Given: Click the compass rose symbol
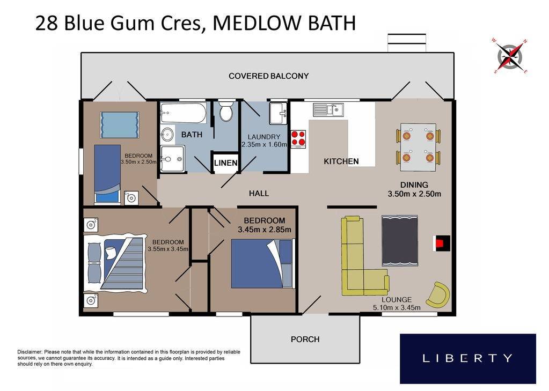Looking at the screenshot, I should click(x=510, y=55).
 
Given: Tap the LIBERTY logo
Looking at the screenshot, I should click(x=467, y=358).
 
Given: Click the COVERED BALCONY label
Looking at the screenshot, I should click(x=268, y=76).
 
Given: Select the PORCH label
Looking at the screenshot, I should click(x=305, y=339).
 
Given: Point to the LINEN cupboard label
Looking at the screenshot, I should click(x=225, y=163).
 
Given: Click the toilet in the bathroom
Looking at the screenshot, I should click(x=226, y=111).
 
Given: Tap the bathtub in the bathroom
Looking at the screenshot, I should click(x=183, y=114).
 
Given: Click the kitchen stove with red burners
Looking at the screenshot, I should click(x=298, y=138).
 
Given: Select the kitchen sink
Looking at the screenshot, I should click(x=328, y=109).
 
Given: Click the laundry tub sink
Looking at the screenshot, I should click(x=278, y=113).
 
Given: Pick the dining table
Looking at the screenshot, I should click(x=418, y=144).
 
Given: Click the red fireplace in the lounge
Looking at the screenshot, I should click(x=441, y=243).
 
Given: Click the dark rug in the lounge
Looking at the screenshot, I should click(x=399, y=241).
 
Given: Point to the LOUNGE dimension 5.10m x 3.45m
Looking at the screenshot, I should click(x=397, y=308).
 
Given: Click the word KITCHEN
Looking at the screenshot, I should click(x=341, y=161).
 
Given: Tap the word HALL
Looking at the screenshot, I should click(x=259, y=193).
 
